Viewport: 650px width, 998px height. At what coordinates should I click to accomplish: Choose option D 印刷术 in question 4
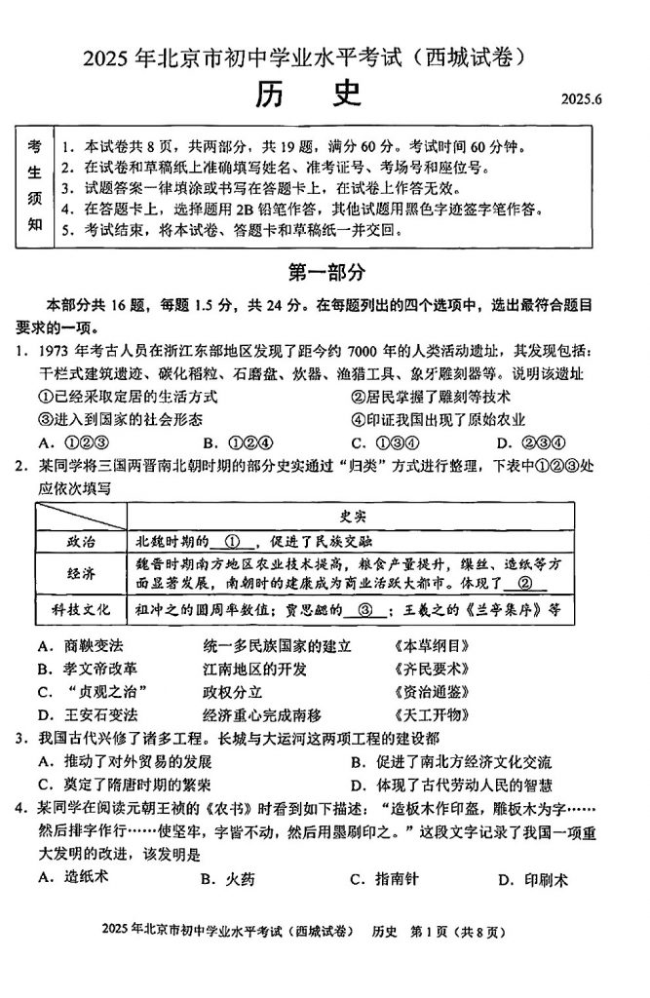tap(532, 879)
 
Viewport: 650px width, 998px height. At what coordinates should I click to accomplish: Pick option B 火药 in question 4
tap(229, 879)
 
